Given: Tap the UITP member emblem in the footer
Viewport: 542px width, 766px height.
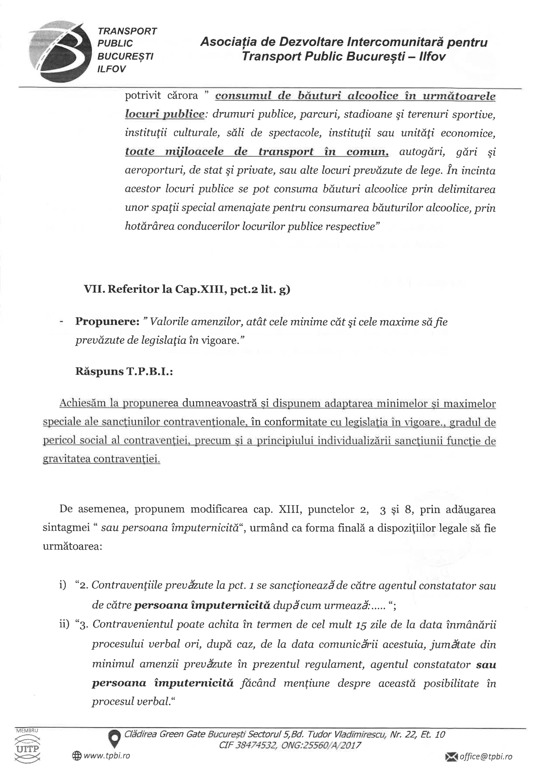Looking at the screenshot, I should tap(28, 749).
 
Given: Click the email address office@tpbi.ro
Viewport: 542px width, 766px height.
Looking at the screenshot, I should tap(486, 756).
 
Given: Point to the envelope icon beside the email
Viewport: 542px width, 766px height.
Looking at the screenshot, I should tap(452, 756).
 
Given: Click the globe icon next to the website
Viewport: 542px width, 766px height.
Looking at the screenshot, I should tap(77, 756).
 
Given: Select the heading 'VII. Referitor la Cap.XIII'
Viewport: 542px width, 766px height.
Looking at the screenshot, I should tap(187, 289).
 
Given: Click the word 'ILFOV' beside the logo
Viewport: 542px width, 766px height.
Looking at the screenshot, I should tap(111, 69).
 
